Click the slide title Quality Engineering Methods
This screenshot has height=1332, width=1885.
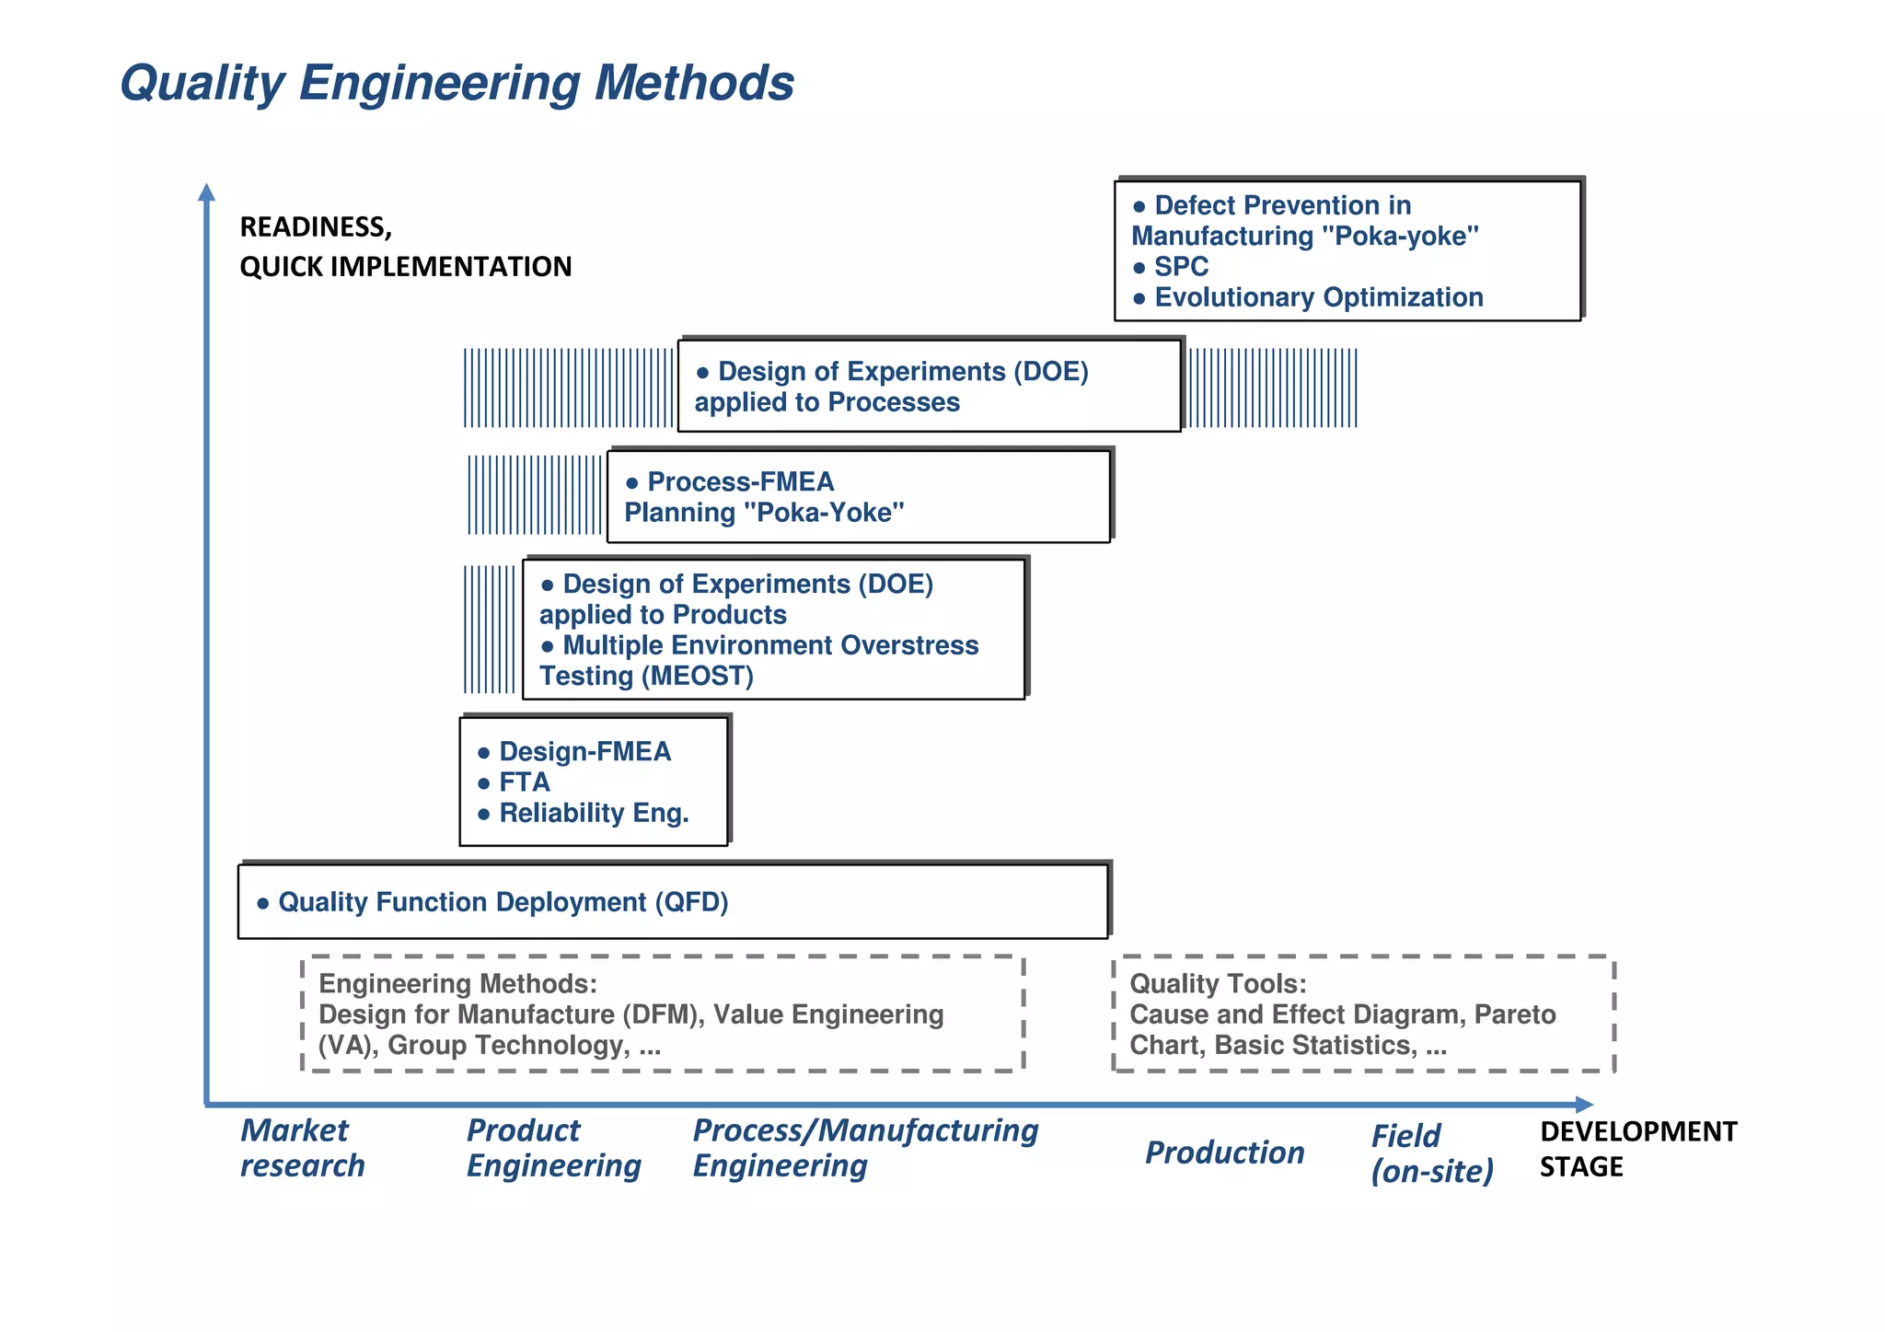tap(457, 83)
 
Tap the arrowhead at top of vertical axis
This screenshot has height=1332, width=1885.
tap(206, 191)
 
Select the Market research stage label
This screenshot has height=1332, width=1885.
tap(302, 1148)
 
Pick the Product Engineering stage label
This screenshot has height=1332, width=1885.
tap(553, 1148)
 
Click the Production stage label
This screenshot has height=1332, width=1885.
tap(1224, 1152)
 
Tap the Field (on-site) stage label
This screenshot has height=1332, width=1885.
tap(1431, 1153)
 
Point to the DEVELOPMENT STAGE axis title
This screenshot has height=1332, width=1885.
tap(1637, 1148)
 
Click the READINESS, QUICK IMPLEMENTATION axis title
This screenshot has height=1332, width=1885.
tap(405, 247)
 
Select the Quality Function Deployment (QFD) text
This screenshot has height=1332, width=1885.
tap(503, 902)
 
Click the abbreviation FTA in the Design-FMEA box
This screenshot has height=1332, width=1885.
tap(524, 782)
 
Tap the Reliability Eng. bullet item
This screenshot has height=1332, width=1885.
tap(594, 814)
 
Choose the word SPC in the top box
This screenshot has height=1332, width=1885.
tap(1181, 267)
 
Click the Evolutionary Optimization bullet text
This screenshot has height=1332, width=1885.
tap(1318, 297)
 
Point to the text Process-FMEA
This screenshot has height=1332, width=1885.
tap(740, 481)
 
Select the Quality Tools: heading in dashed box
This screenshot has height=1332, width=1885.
tap(1217, 984)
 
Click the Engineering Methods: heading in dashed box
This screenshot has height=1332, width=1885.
tap(457, 984)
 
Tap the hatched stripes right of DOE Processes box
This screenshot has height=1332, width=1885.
tap(1272, 388)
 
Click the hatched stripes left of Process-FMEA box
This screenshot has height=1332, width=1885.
tap(535, 494)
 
